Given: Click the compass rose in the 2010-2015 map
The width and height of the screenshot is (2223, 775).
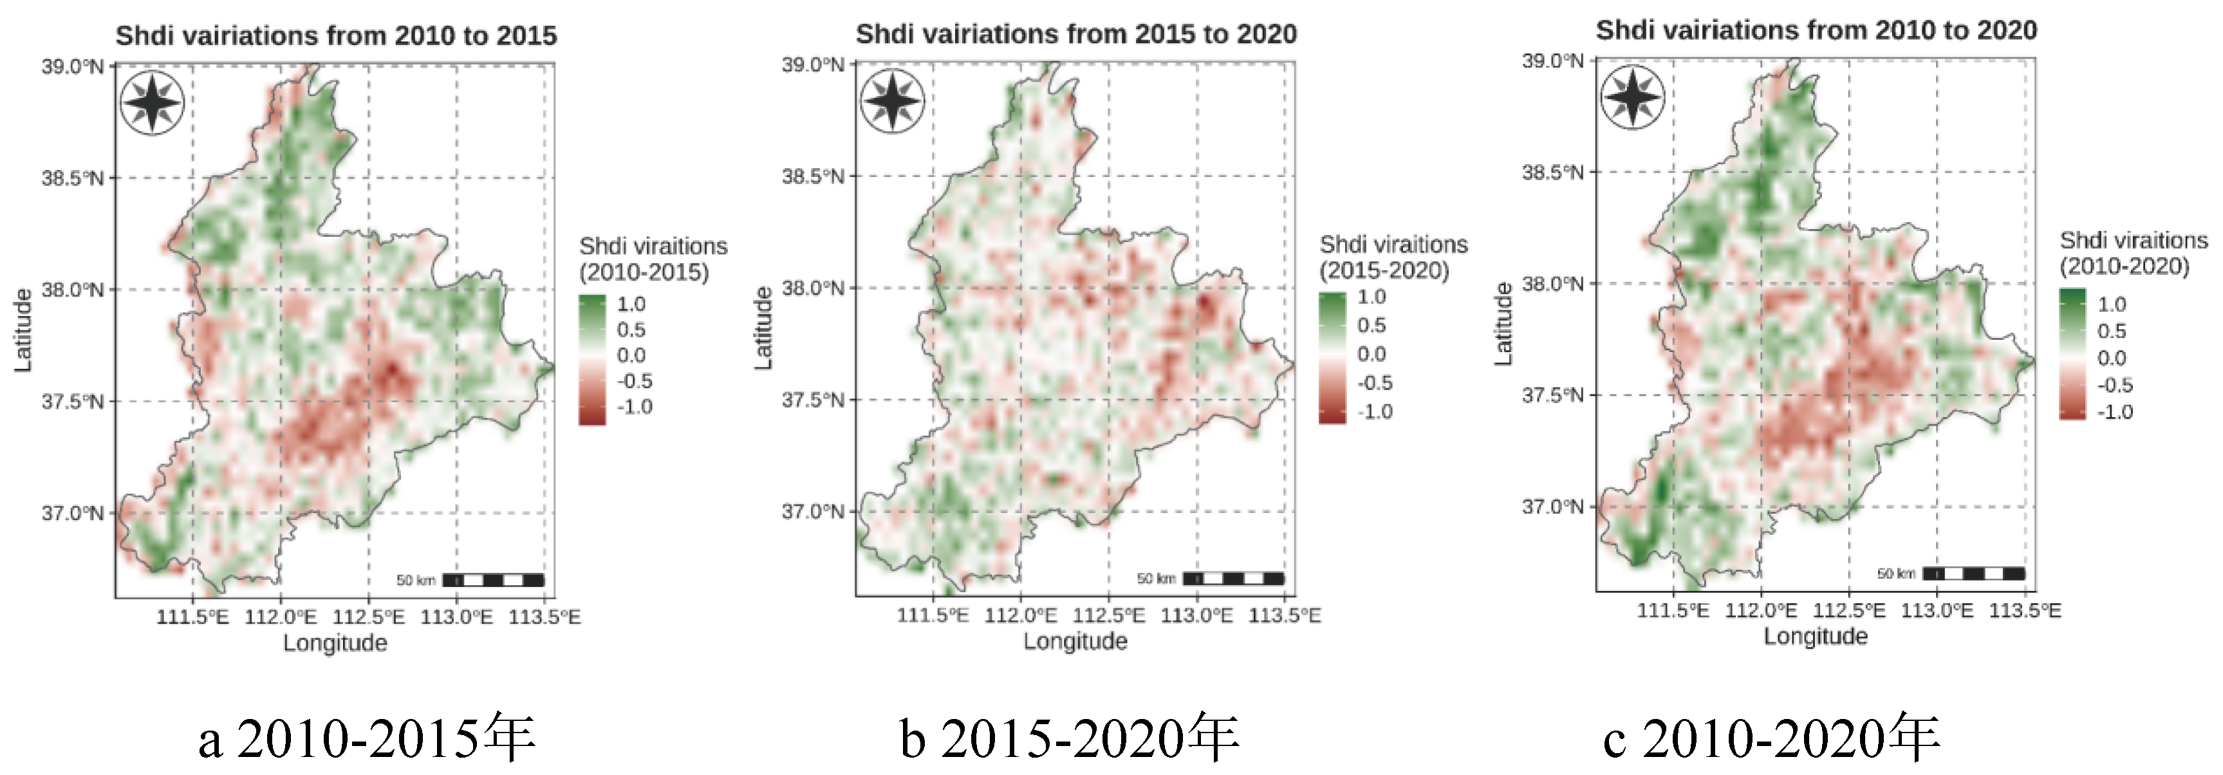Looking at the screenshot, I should click(152, 104).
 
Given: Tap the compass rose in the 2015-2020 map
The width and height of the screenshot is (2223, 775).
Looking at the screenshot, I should click(892, 102).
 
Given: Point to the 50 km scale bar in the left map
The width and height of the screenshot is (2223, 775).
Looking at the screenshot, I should click(493, 580).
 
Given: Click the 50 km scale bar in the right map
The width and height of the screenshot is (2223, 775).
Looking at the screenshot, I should click(1973, 573).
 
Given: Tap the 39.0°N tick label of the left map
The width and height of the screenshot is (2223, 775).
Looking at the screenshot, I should click(73, 66).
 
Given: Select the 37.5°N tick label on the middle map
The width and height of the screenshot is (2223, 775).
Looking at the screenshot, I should click(813, 400).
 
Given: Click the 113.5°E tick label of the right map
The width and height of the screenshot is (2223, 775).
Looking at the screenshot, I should click(2025, 611).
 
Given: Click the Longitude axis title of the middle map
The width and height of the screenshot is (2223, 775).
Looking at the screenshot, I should click(1075, 641).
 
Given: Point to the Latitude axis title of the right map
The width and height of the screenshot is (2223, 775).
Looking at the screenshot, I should click(1503, 324).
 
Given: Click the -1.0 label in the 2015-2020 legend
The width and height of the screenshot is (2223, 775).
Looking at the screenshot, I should click(1375, 412).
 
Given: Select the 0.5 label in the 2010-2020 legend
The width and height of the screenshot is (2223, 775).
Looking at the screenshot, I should click(2112, 331).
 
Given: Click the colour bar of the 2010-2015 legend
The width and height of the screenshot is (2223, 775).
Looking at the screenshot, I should click(592, 360).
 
